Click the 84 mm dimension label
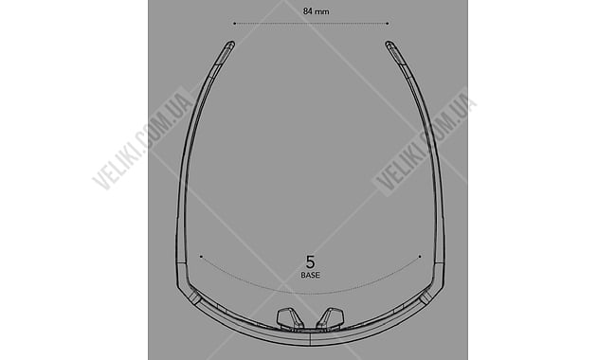[x=316, y=11]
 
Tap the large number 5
[x=310, y=261]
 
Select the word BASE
[x=310, y=275]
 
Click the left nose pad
[x=290, y=317]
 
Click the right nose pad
[x=331, y=317]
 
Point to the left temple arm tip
[x=231, y=44]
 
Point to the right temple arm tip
[x=389, y=44]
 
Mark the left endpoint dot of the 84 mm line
[x=234, y=24]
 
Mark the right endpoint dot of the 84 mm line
[x=388, y=24]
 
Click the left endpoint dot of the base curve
[x=201, y=257]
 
